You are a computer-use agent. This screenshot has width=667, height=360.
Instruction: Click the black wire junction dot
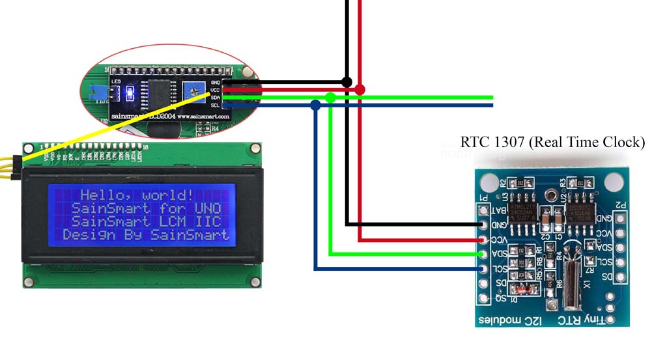click(347, 82)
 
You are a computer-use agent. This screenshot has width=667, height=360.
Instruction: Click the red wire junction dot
click(360, 89)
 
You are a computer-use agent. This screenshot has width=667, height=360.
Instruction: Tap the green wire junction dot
click(330, 97)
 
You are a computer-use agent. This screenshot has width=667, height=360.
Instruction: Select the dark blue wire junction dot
click(316, 104)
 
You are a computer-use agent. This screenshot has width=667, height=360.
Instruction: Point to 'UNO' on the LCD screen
click(208, 208)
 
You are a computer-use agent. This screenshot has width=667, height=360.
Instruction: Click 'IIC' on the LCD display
click(208, 222)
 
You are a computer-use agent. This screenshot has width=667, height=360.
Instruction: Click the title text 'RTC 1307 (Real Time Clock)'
click(552, 142)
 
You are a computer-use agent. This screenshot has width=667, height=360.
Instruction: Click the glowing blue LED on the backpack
click(129, 92)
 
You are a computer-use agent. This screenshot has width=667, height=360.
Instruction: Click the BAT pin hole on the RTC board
click(483, 210)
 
